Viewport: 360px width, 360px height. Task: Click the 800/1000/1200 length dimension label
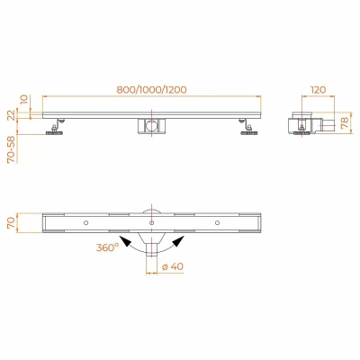coord(151,89)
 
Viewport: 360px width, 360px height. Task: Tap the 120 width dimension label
coord(318,89)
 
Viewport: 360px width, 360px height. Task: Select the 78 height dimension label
coord(346,122)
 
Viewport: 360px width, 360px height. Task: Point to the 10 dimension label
coord(24,99)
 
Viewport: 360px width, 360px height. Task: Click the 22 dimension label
coord(11,115)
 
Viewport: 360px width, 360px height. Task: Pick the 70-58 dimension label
coord(11,149)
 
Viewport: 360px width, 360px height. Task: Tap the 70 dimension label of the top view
coord(11,223)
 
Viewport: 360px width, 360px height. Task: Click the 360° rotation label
coord(107,247)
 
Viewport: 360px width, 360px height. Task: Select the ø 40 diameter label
coord(173,266)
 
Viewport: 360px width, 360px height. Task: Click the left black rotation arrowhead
coord(125,241)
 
